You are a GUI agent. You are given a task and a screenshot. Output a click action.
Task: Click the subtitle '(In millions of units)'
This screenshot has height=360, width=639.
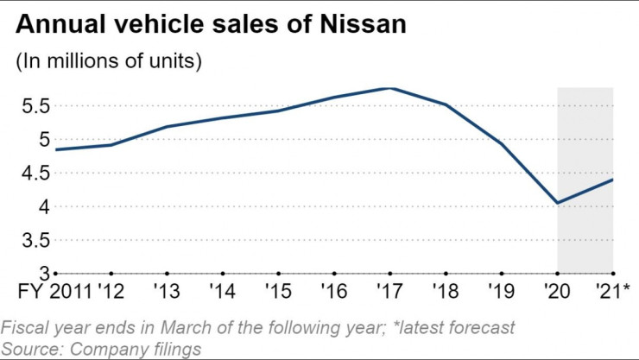[109, 62]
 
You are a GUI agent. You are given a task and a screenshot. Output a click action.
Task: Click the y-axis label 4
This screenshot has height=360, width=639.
[37, 207]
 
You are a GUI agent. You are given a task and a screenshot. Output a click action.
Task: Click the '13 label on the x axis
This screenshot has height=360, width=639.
[168, 291]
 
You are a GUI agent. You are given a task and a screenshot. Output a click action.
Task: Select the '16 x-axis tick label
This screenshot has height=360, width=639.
[334, 291]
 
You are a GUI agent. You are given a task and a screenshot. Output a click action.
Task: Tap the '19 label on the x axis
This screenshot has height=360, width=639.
[502, 291]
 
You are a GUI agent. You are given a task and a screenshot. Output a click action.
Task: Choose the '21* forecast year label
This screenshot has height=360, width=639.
[612, 291]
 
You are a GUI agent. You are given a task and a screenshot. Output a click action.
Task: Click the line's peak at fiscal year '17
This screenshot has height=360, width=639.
[390, 88]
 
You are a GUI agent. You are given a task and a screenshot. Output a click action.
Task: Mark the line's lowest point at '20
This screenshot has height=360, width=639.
[558, 203]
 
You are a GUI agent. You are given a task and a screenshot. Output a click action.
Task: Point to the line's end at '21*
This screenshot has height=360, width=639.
[613, 180]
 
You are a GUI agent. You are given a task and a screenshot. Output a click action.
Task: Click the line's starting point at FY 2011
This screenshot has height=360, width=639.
[56, 149]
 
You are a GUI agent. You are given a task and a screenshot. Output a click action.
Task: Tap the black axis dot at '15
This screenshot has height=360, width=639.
[279, 273]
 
